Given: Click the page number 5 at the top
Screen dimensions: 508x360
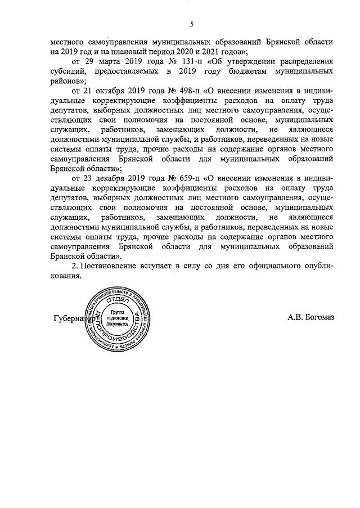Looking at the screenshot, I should [x=192, y=24].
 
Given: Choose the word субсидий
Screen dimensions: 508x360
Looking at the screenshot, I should [x=67, y=71].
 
